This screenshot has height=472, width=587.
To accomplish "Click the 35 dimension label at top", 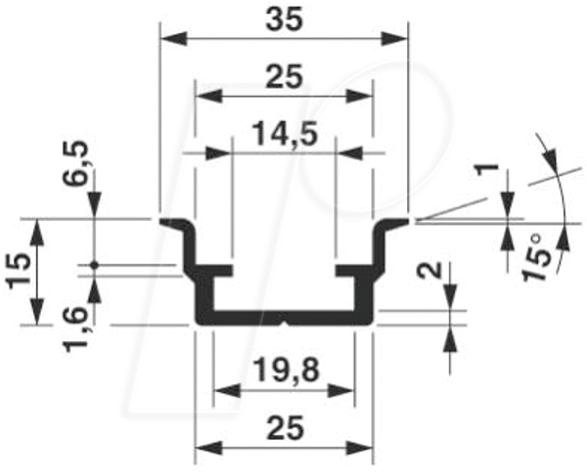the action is tap(284, 21).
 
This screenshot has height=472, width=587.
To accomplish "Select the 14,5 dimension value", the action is tap(286, 135).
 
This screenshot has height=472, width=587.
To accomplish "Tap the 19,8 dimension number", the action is tap(286, 370).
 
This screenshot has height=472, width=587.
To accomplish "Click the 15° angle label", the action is tap(536, 257).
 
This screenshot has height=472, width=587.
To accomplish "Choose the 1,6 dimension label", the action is tap(76, 328).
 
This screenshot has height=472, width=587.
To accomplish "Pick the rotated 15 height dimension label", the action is tap(19, 271).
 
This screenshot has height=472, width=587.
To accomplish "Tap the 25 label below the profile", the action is tap(285, 428).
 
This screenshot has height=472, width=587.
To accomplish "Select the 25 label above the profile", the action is tap(284, 77).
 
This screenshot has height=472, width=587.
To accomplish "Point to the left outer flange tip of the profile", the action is tap(161, 222).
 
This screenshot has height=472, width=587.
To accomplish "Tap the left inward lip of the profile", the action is tap(222, 271).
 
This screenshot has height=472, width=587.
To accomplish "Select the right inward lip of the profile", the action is tap(346, 271).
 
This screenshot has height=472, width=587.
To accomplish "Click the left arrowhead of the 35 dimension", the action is tap(173, 38).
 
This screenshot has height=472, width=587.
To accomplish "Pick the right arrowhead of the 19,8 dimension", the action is tap(340, 391).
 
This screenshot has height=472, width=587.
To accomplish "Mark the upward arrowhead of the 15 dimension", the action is tap(37, 233).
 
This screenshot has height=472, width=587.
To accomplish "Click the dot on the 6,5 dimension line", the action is tap(94, 265).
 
